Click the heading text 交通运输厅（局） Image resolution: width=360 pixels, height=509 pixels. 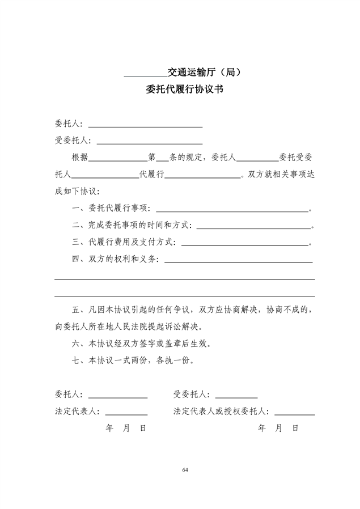[205, 72]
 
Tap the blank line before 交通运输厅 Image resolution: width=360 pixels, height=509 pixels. [145, 75]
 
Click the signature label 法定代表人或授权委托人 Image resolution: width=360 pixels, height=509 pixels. [221, 412]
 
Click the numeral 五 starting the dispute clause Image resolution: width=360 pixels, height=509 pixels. [76, 310]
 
